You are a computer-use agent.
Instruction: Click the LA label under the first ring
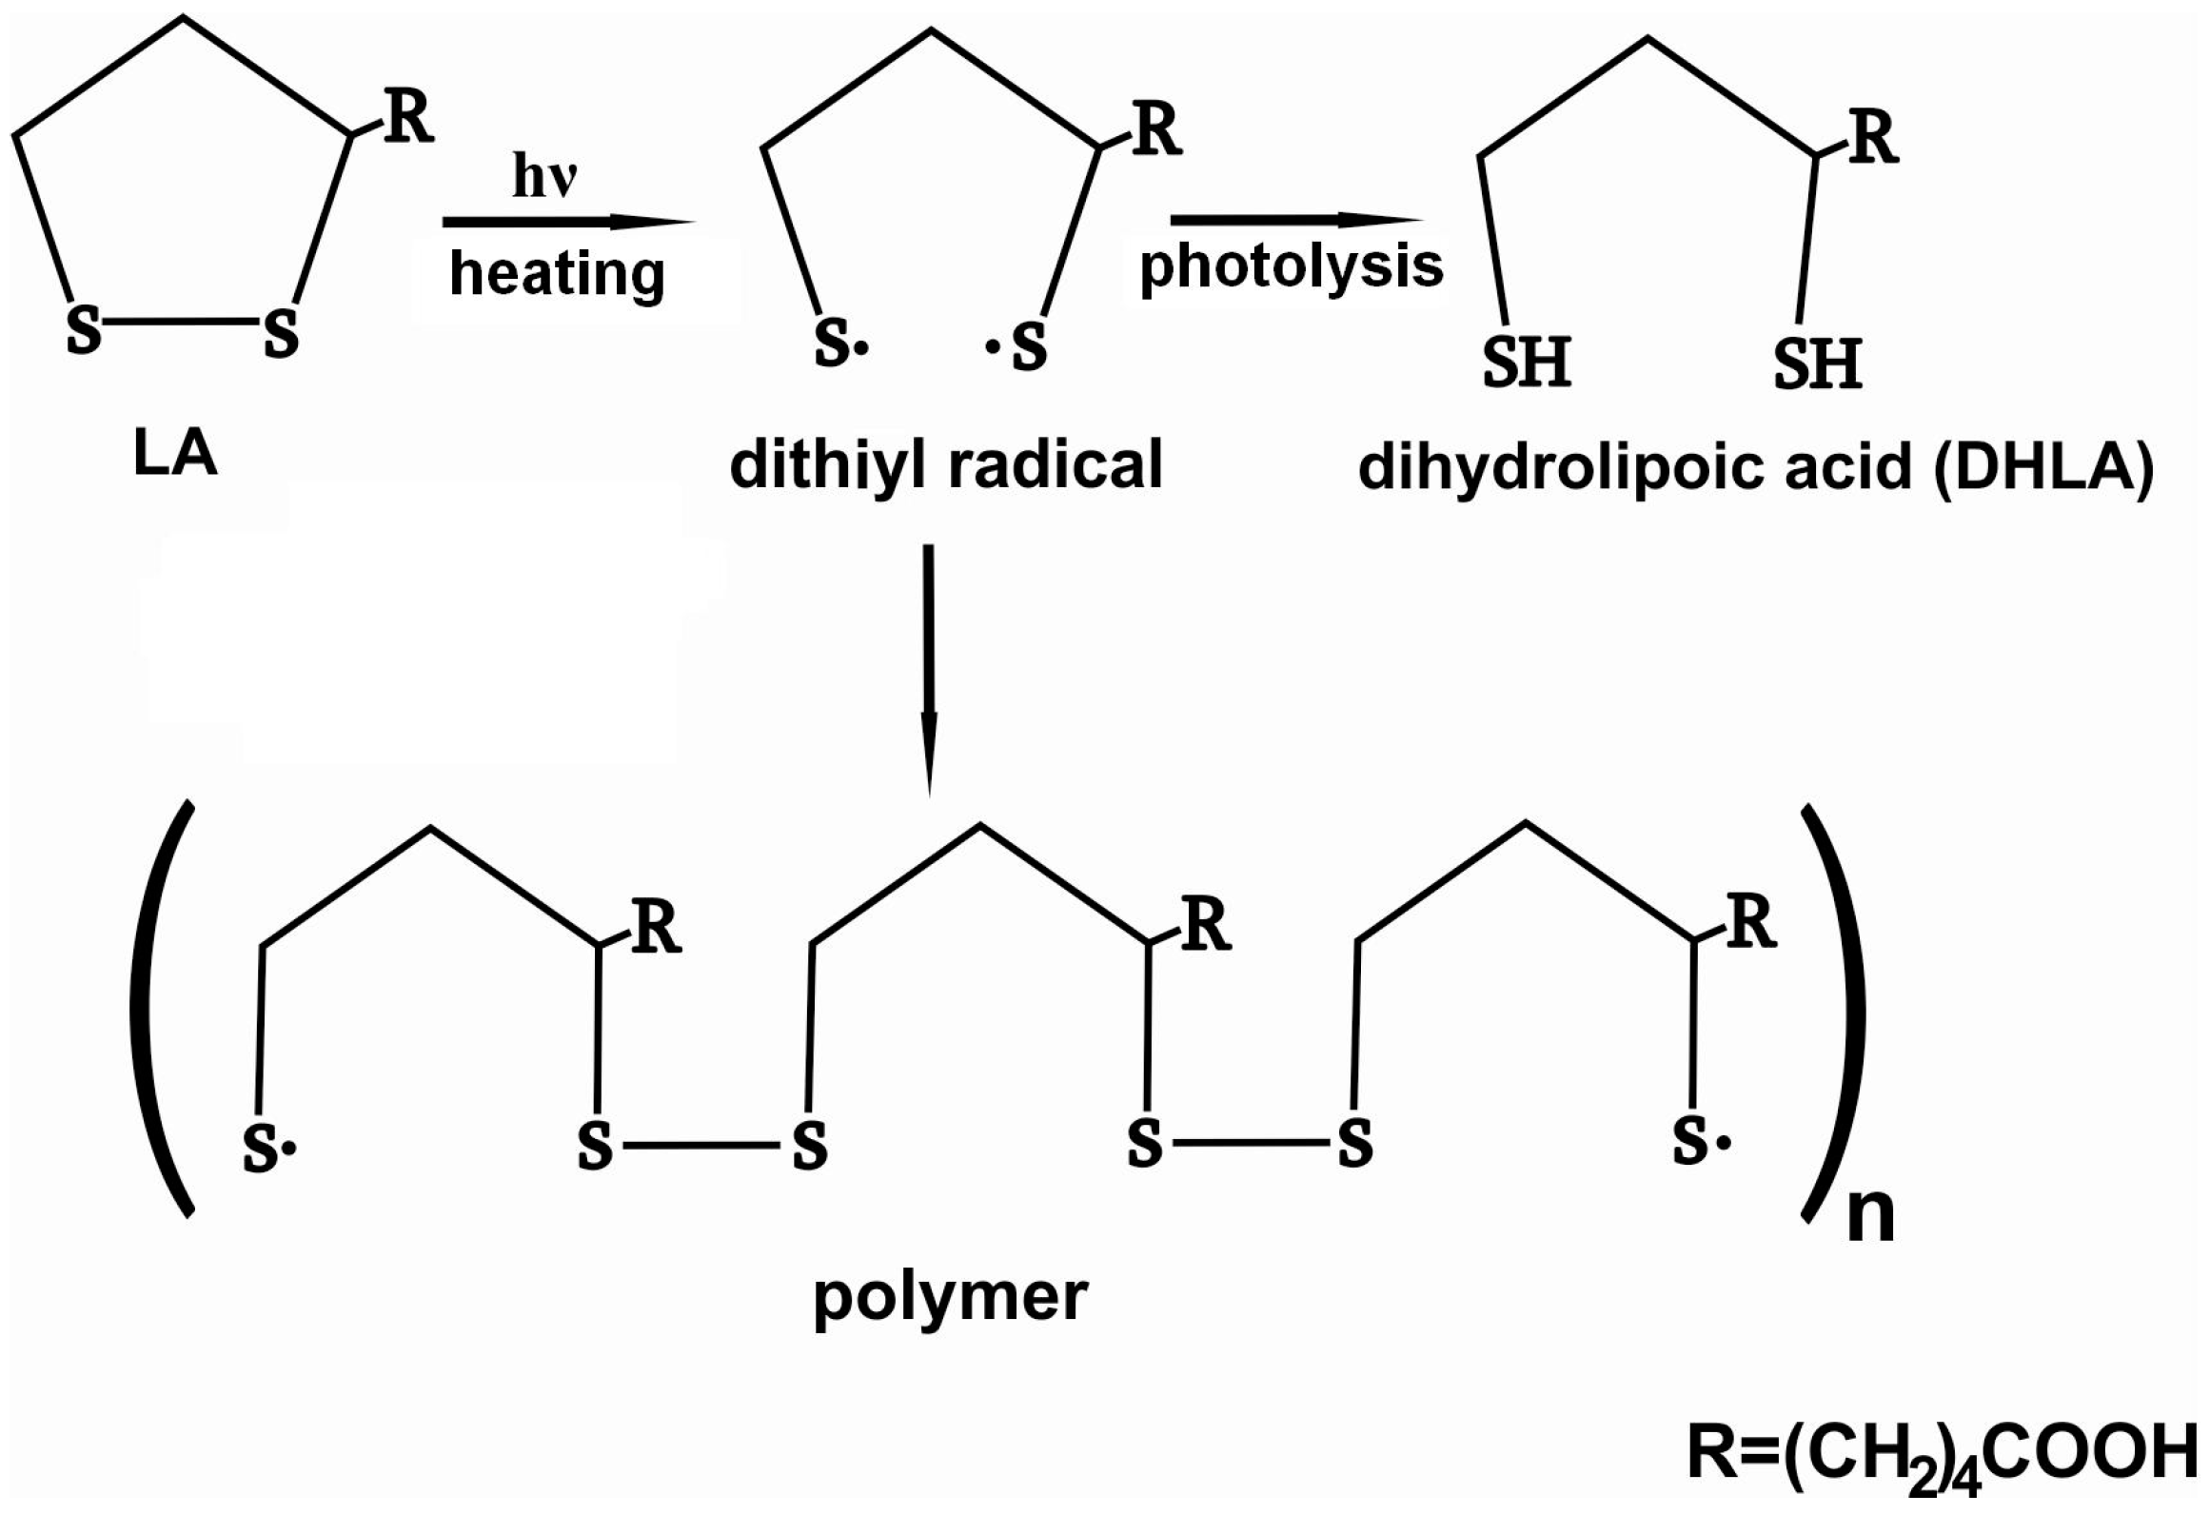click(x=175, y=455)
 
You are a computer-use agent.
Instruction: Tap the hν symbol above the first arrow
click(x=545, y=175)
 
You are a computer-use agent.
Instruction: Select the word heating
click(x=557, y=273)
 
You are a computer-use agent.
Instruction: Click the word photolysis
click(x=1292, y=266)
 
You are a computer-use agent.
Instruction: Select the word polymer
click(x=950, y=1297)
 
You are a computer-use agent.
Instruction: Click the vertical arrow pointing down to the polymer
click(x=929, y=666)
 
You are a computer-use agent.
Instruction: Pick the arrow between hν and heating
click(x=568, y=223)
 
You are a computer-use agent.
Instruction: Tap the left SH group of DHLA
click(x=1527, y=362)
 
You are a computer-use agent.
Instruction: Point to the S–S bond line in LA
click(x=181, y=322)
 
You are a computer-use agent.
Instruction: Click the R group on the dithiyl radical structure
click(x=1156, y=130)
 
